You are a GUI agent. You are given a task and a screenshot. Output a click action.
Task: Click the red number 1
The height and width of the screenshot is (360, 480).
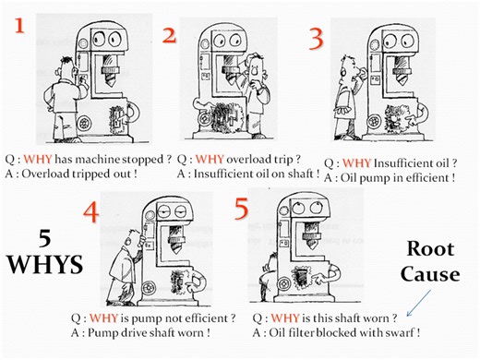[20, 21]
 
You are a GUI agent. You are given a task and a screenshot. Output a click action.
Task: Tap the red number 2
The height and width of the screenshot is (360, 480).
[168, 36]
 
